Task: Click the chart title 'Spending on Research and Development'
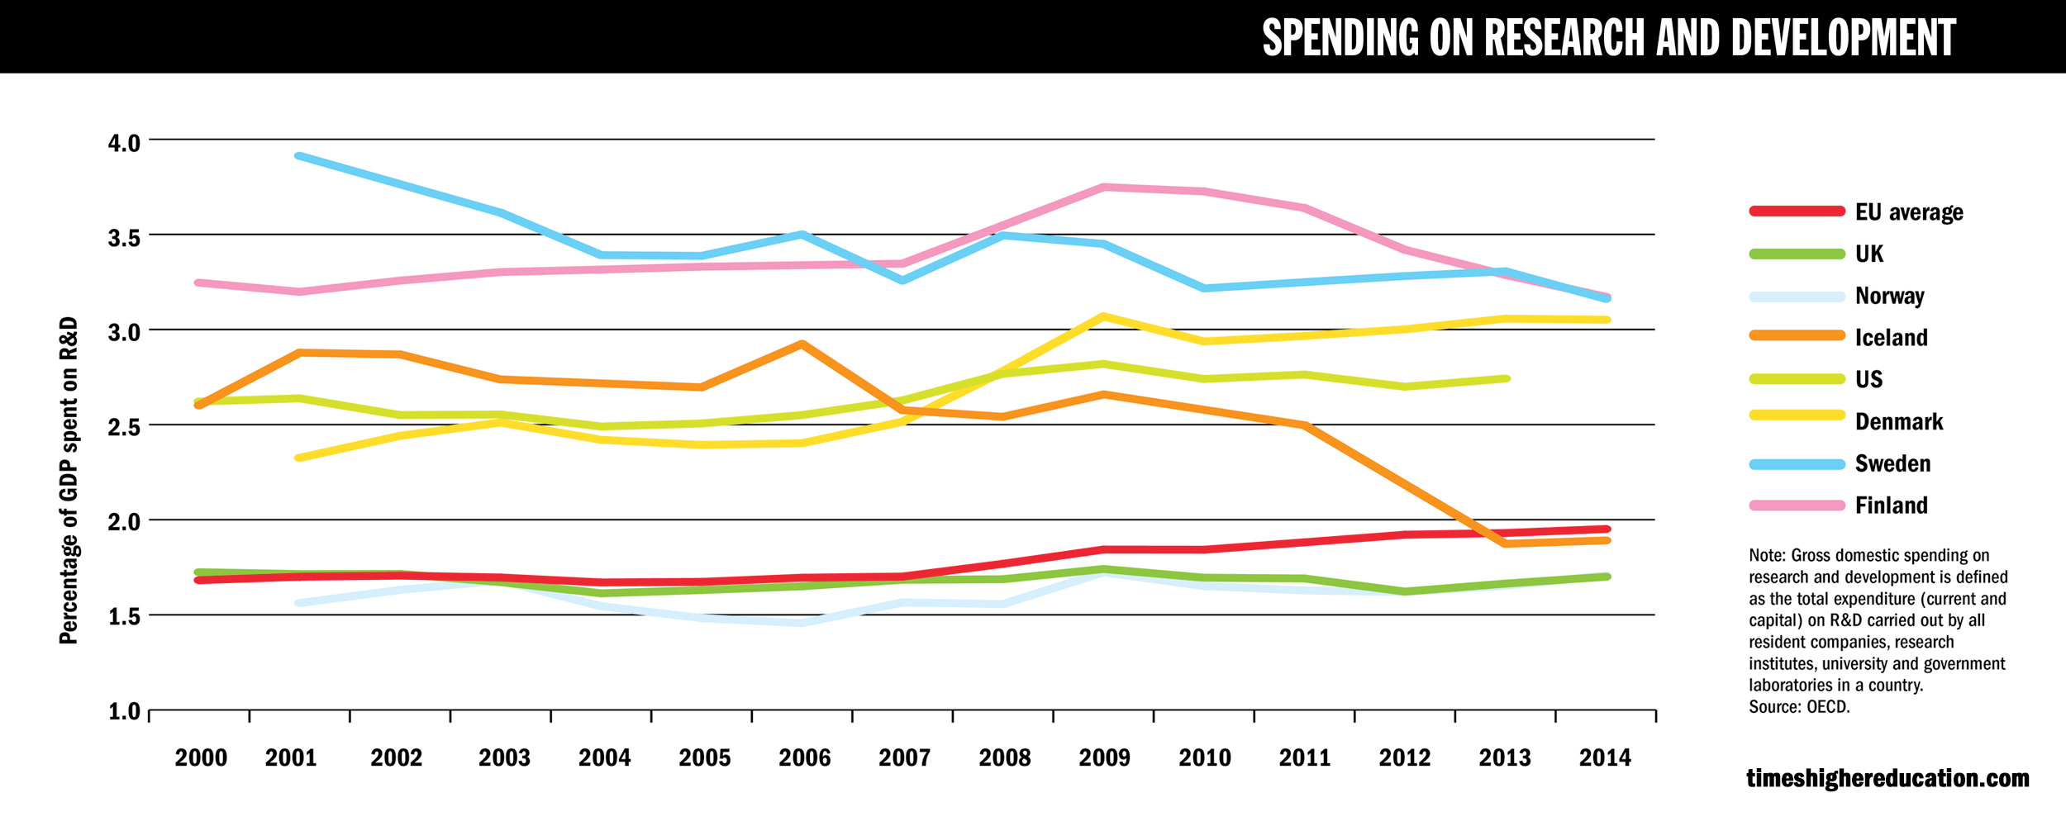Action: click(1608, 38)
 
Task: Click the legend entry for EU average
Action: click(1909, 212)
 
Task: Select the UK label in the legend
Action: click(1868, 254)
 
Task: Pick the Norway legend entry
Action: click(1889, 296)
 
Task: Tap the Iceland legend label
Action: click(1891, 338)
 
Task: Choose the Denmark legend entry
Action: click(1898, 422)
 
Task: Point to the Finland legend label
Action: click(1891, 506)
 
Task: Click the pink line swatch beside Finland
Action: click(1797, 506)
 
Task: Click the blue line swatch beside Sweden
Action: click(1797, 464)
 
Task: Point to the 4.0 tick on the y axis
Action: click(124, 143)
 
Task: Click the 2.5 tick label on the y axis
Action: click(124, 427)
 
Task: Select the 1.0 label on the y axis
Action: click(124, 712)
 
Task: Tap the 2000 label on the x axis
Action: click(201, 758)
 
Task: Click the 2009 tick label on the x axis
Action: click(1104, 758)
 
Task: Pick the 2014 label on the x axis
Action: click(1605, 758)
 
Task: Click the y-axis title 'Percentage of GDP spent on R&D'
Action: click(69, 480)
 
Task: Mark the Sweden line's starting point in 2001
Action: click(298, 155)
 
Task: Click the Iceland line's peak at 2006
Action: click(802, 344)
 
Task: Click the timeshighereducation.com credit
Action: click(1887, 778)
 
